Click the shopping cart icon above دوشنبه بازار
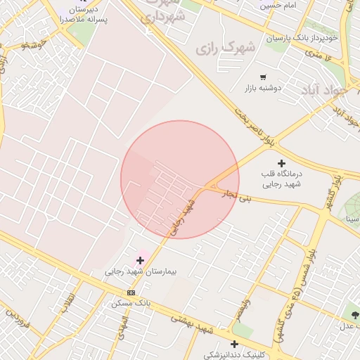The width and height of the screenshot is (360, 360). pos(263,77)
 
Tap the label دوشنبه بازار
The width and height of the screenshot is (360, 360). pos(263,89)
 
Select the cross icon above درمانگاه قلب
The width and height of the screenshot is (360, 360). pos(282,162)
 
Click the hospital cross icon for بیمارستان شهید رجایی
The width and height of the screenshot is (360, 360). pos(141,260)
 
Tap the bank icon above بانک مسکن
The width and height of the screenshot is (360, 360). pos(131,292)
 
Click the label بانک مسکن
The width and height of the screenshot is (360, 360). pos(130,304)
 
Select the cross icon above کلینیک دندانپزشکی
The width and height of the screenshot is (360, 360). pos(234,344)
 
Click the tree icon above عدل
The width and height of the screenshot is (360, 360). pos(354,315)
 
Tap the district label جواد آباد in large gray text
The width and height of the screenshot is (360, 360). pos(325,91)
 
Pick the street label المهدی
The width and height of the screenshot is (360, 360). pos(124,325)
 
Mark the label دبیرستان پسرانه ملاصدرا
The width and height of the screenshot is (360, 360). pos(86,15)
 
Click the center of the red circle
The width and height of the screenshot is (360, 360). pos(180,179)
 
